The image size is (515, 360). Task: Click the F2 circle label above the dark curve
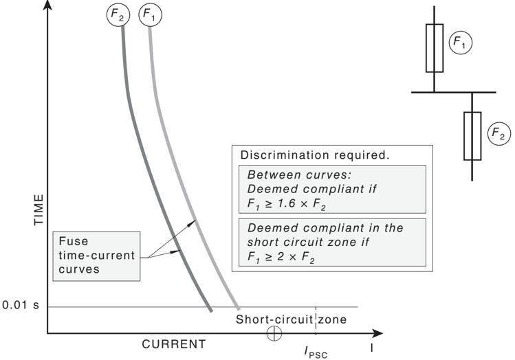pos(118,14)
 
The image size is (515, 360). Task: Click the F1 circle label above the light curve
pos(151,14)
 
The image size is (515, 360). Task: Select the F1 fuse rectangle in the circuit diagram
pos(435,48)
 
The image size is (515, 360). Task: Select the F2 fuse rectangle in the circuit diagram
pos(472,136)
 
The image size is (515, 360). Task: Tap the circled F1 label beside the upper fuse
pos(461,43)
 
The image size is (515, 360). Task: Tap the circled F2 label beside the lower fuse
pos(499,133)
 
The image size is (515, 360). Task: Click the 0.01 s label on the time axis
pos(21,305)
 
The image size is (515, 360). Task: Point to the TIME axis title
pos(39,210)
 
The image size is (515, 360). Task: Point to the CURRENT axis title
pos(174,344)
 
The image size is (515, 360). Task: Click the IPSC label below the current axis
pos(316,352)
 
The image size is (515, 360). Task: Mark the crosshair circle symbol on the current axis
pos(274,333)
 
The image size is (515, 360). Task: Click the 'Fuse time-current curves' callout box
pos(96,256)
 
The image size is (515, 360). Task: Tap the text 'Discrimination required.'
pos(315,155)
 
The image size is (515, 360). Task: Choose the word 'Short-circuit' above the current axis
pos(274,319)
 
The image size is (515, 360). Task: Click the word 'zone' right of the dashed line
pos(332,319)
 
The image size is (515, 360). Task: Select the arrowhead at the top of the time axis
pos(48,5)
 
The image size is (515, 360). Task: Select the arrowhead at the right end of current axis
pos(378,333)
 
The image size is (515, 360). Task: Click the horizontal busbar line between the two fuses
pos(454,93)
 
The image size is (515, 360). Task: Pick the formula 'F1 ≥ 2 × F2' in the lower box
pos(281,257)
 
